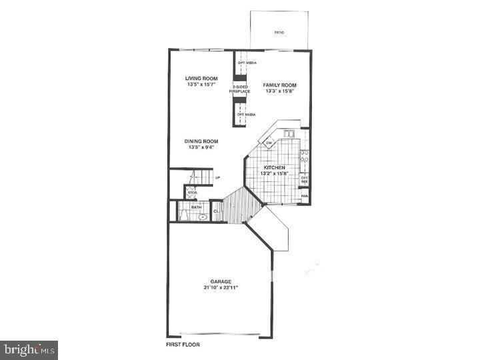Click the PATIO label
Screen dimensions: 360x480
click(279, 31)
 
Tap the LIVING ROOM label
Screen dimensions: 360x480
click(201, 79)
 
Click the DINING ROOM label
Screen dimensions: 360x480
click(201, 141)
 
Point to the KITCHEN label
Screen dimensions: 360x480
click(274, 167)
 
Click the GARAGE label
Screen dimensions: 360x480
click(221, 281)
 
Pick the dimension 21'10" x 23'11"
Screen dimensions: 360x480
click(221, 287)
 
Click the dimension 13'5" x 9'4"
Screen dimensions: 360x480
click(201, 147)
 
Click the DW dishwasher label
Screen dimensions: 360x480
click(269, 143)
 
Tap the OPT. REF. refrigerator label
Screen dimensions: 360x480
click(304, 179)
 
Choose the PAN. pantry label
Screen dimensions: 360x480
click(304, 196)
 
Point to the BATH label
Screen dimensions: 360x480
click(196, 207)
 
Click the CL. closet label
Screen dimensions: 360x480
click(216, 212)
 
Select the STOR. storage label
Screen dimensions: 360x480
click(191, 193)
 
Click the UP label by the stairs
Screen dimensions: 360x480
click(217, 177)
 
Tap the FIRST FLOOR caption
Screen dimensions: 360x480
click(183, 345)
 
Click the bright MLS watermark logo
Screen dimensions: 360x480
click(29, 349)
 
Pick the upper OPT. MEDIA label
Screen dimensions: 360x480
click(247, 63)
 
